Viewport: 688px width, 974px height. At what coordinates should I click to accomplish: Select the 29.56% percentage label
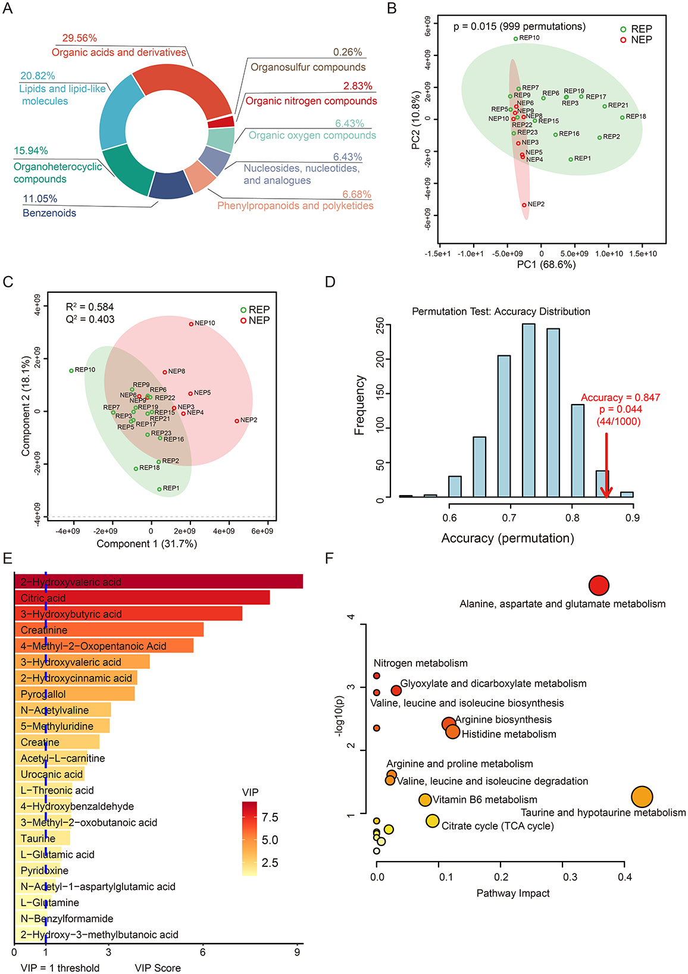[80, 38]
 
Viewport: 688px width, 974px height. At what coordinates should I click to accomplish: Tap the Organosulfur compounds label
[308, 67]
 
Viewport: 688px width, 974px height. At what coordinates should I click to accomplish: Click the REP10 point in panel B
[515, 39]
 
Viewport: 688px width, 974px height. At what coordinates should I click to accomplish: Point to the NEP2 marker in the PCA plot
[524, 205]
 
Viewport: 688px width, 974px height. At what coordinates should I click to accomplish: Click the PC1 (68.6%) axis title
[546, 265]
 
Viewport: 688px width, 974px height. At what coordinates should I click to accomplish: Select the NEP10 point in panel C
[191, 324]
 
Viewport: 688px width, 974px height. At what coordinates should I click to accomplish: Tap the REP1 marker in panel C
[160, 489]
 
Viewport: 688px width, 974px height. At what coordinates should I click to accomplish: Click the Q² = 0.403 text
[90, 320]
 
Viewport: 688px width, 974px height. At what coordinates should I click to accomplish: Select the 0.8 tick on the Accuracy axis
[572, 518]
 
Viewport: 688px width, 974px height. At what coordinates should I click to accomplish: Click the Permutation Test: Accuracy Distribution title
[501, 311]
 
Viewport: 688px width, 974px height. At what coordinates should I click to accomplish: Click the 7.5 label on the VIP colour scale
[270, 818]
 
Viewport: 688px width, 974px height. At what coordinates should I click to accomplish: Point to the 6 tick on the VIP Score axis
[203, 952]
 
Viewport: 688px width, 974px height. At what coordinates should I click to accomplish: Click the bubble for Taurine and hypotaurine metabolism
[642, 797]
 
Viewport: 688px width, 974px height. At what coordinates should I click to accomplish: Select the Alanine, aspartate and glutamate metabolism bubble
[599, 585]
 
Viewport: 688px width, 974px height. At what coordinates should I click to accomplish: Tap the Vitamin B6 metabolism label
[485, 800]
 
